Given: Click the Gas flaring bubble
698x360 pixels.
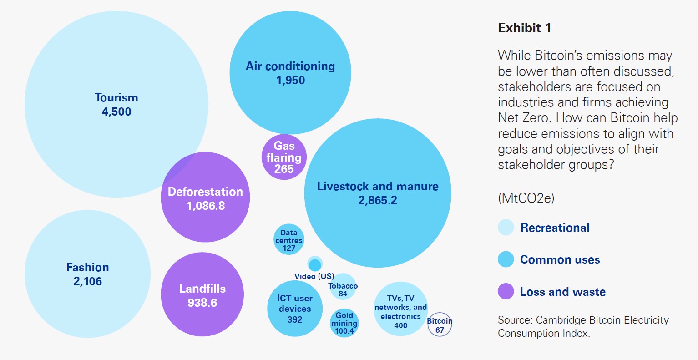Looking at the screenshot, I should [x=284, y=157].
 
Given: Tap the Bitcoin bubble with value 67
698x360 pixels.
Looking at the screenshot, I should [x=440, y=325].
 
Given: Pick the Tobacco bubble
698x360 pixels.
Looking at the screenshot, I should [x=343, y=287].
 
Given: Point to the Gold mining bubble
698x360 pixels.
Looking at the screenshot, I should [x=344, y=323].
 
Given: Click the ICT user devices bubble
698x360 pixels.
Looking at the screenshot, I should [x=295, y=309].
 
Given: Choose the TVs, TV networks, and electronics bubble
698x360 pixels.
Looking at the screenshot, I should [x=400, y=309].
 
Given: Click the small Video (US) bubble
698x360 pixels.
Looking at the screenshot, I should [x=315, y=264].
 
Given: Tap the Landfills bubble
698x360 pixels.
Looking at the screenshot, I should [x=202, y=295].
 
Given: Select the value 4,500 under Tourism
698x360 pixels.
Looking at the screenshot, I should [x=116, y=112].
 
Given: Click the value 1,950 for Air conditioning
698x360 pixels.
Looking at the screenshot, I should [x=290, y=81].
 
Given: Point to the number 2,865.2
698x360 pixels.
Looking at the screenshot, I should [x=378, y=200].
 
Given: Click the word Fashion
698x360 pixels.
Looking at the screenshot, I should [x=88, y=267].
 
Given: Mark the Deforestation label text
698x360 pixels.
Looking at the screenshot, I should [x=205, y=192].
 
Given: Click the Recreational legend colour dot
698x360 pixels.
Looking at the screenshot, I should [x=506, y=228].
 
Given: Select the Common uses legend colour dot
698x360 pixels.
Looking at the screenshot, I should [x=506, y=259].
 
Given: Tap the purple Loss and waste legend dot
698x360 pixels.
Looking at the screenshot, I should [x=506, y=291].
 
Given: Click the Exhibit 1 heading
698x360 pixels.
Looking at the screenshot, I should [x=525, y=28].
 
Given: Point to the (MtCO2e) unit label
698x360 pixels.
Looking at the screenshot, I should [x=526, y=198].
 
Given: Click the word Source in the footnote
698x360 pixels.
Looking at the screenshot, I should [x=514, y=320].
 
